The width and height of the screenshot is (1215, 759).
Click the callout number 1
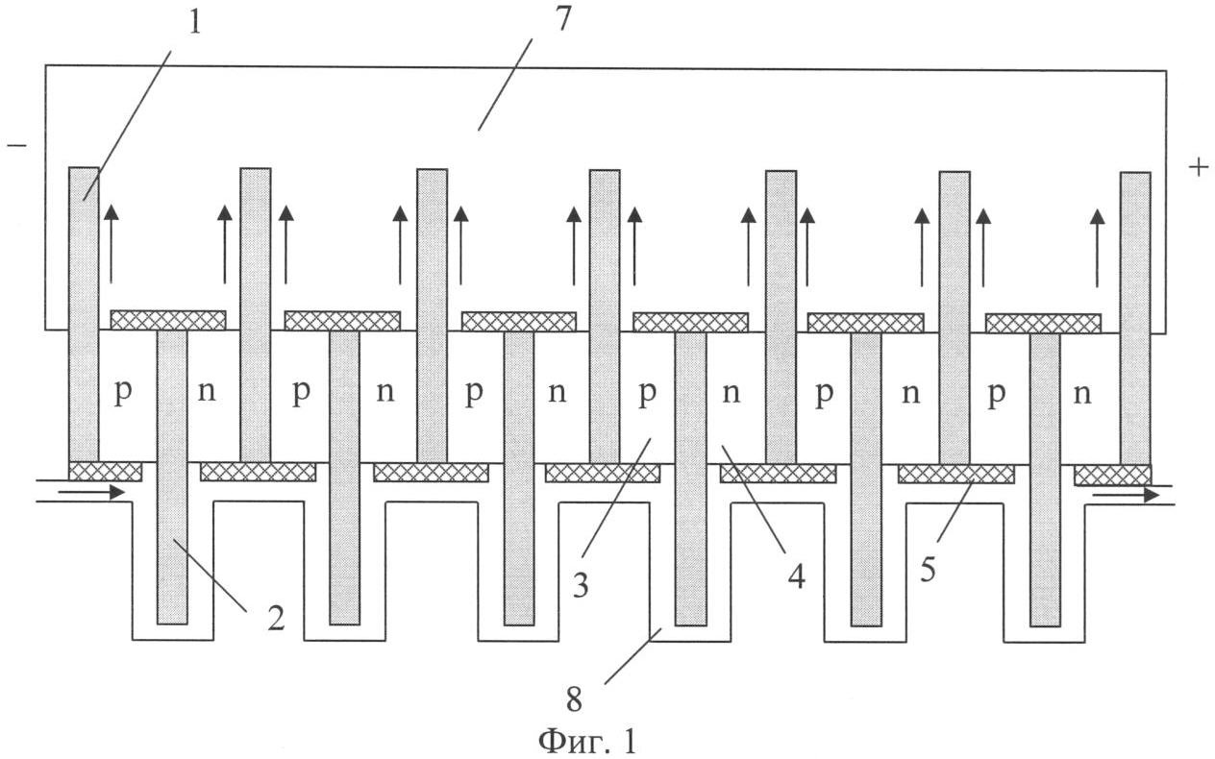pyautogui.click(x=195, y=21)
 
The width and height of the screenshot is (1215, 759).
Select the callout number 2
pyautogui.click(x=276, y=619)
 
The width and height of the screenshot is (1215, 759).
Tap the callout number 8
pyautogui.click(x=574, y=698)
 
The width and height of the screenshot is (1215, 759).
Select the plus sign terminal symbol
pyautogui.click(x=1198, y=167)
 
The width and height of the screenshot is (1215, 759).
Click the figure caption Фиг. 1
pyautogui.click(x=587, y=741)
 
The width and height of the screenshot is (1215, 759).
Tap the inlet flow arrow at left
pyautogui.click(x=91, y=493)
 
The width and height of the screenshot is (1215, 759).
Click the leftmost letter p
pyautogui.click(x=122, y=394)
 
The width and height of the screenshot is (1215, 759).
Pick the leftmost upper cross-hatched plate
pyautogui.click(x=167, y=320)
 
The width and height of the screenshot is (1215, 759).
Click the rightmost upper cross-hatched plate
pyautogui.click(x=1043, y=323)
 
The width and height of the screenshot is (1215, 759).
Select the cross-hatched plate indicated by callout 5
pyautogui.click(x=955, y=474)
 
